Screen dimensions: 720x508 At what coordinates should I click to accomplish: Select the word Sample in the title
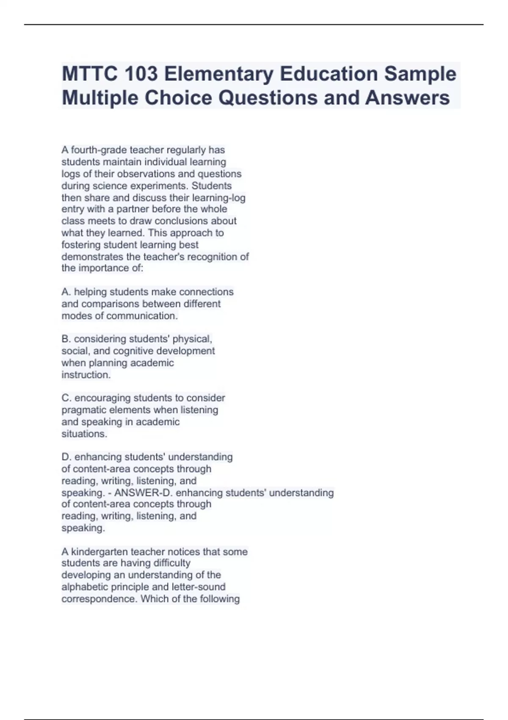pyautogui.click(x=420, y=74)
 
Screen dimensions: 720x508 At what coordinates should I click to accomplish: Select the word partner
pyautogui.click(x=133, y=209)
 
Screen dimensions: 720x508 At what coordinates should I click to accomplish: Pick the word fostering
pyautogui.click(x=81, y=245)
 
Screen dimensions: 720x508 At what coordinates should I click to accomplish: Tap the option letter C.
pyautogui.click(x=66, y=398)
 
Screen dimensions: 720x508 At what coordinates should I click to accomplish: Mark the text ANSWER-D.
pyautogui.click(x=142, y=493)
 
